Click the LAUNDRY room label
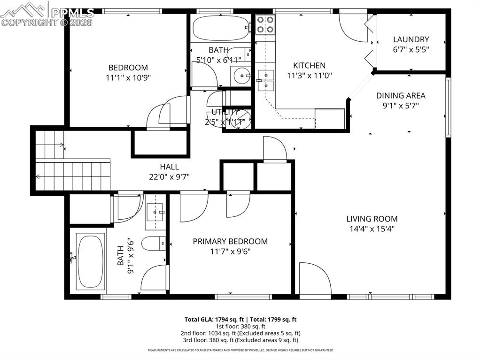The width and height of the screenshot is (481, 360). click(x=411, y=39)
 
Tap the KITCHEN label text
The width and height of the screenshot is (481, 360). click(x=309, y=66)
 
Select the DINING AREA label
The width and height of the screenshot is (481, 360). click(x=401, y=96)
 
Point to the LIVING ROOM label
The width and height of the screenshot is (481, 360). click(x=372, y=219)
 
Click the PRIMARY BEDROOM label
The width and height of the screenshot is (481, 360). click(x=230, y=241)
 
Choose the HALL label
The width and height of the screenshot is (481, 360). click(x=169, y=167)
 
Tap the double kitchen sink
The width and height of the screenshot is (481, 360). click(x=266, y=79)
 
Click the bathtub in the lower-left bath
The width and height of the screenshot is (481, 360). click(x=91, y=261)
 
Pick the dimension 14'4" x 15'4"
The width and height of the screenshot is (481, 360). click(x=372, y=229)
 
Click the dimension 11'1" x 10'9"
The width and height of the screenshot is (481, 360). click(x=128, y=77)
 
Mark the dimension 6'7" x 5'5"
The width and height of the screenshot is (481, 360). click(x=411, y=49)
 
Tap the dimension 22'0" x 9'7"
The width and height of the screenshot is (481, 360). click(x=169, y=176)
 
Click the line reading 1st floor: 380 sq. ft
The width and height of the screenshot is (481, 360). click(x=240, y=326)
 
